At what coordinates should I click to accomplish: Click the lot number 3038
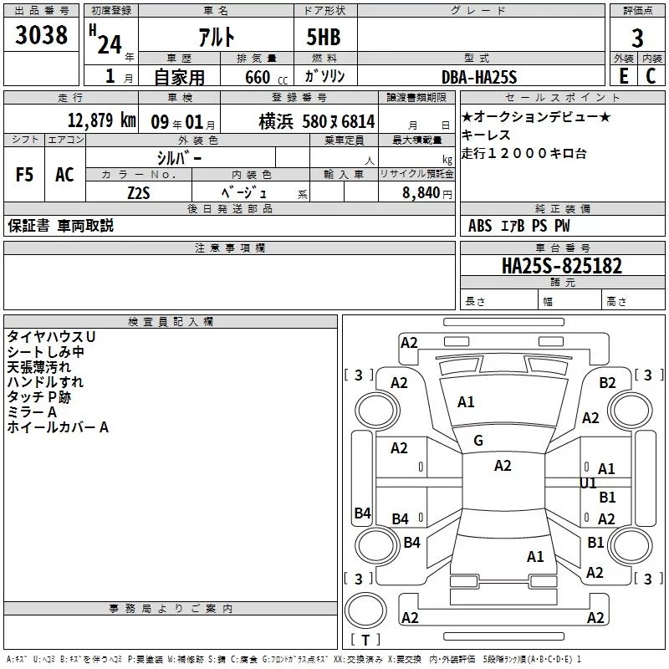click(x=41, y=35)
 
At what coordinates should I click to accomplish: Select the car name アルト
click(x=217, y=37)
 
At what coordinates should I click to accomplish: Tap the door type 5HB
click(x=324, y=37)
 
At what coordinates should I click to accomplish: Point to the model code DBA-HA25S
click(x=479, y=77)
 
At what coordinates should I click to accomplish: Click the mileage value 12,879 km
click(x=102, y=120)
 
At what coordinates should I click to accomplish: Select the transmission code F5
click(x=24, y=175)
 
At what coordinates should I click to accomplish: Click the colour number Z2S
click(x=139, y=193)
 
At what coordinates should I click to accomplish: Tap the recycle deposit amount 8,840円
click(x=427, y=193)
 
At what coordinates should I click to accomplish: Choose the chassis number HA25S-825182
click(x=562, y=266)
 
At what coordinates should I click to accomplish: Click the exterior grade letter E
click(x=624, y=76)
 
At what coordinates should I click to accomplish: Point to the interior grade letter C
click(x=651, y=76)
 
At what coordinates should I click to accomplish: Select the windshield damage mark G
click(x=478, y=441)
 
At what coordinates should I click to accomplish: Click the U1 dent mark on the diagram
click(x=588, y=483)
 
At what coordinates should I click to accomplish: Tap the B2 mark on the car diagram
click(x=608, y=383)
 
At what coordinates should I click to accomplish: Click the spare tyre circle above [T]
click(x=365, y=610)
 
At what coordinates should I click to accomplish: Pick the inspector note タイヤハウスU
click(x=51, y=337)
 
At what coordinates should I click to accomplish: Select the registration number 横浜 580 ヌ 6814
click(x=317, y=121)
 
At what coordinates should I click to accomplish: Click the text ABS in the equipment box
click(x=480, y=226)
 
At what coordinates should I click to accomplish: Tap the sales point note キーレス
click(x=486, y=135)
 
